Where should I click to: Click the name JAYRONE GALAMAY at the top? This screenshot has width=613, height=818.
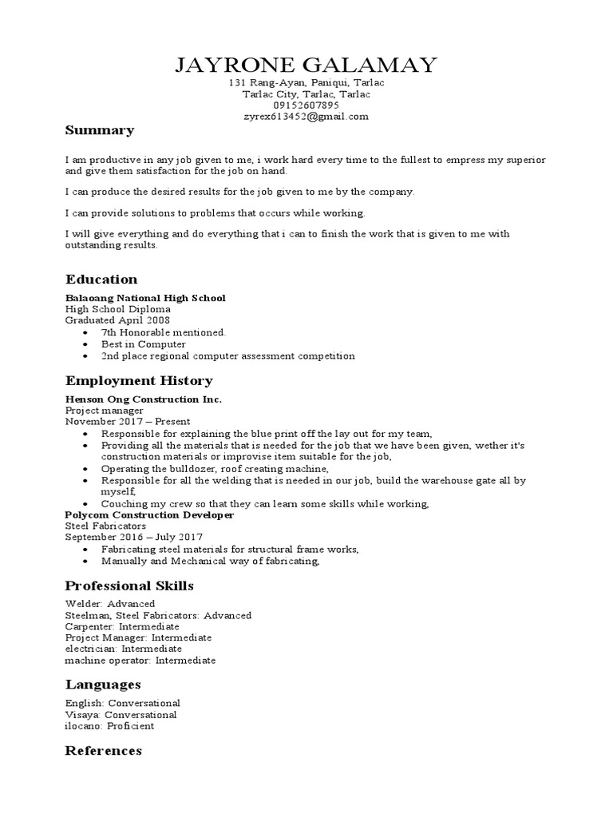pyautogui.click(x=306, y=65)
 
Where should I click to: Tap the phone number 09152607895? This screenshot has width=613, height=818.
pyautogui.click(x=306, y=105)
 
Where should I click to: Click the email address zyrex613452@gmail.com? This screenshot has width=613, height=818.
pyautogui.click(x=306, y=117)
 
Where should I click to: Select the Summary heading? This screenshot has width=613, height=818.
pyautogui.click(x=99, y=130)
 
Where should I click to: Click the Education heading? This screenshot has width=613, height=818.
pyautogui.click(x=101, y=280)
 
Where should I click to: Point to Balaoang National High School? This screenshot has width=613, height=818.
pyautogui.click(x=145, y=298)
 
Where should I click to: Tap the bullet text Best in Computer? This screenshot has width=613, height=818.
pyautogui.click(x=143, y=344)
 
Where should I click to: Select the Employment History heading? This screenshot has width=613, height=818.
pyautogui.click(x=139, y=381)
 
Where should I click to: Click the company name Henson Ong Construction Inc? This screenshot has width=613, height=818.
pyautogui.click(x=144, y=399)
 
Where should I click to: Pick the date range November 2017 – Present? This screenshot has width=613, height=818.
pyautogui.click(x=128, y=422)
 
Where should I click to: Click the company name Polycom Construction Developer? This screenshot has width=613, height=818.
pyautogui.click(x=149, y=515)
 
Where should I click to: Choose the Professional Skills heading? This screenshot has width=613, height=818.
pyautogui.click(x=129, y=586)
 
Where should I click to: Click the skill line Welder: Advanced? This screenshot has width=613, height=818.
pyautogui.click(x=109, y=604)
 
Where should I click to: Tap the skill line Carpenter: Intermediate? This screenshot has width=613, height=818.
pyautogui.click(x=122, y=627)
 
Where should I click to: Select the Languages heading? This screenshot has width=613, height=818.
pyautogui.click(x=103, y=685)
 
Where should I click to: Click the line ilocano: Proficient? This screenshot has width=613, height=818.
pyautogui.click(x=109, y=726)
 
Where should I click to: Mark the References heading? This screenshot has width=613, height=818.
pyautogui.click(x=104, y=751)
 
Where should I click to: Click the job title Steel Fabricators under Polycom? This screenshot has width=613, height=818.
pyautogui.click(x=105, y=527)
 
